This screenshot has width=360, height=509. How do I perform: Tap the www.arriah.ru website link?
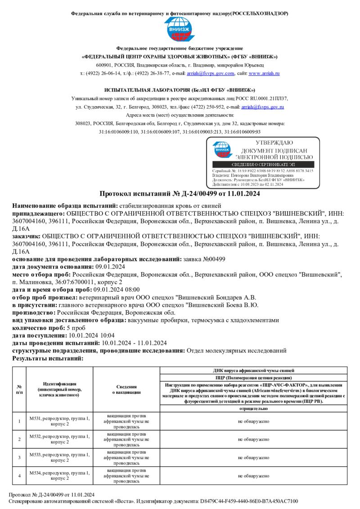pyautogui.click(x=264, y=73)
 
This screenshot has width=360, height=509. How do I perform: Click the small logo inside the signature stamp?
pyautogui.click(x=221, y=150)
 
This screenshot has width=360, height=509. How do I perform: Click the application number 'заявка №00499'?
pyautogui.click(x=204, y=259)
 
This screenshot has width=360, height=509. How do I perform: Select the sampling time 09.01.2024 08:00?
pyautogui.click(x=117, y=290)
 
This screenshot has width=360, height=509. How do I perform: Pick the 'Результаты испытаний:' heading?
pyautogui.click(x=48, y=358)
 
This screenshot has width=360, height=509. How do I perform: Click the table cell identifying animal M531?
pyautogui.click(x=59, y=421)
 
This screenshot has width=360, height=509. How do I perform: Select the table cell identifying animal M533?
pyautogui.click(x=59, y=457)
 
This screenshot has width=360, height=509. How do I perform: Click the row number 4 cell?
pyautogui.click(x=19, y=475)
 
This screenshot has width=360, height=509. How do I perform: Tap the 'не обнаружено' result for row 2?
pyautogui.click(x=253, y=439)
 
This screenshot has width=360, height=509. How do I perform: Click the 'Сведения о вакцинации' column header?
pyautogui.click(x=126, y=389)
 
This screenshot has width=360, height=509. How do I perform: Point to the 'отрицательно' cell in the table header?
pyautogui.click(x=253, y=409)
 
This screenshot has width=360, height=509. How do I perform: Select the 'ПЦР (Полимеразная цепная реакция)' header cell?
pyautogui.click(x=253, y=378)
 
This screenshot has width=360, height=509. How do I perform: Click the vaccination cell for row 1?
pyautogui.click(x=126, y=421)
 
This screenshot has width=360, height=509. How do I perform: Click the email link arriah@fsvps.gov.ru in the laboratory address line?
pyautogui.click(x=262, y=107)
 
